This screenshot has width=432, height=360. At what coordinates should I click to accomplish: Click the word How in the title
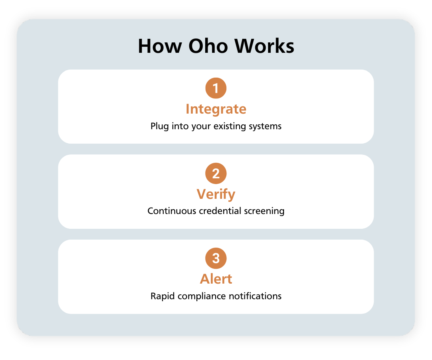click(160, 46)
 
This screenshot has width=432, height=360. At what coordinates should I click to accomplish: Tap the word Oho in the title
click(208, 46)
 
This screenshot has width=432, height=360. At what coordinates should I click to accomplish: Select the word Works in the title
click(264, 46)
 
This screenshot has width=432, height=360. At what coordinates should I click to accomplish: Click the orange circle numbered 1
click(216, 88)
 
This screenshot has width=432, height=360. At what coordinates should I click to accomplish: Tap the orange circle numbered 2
click(216, 173)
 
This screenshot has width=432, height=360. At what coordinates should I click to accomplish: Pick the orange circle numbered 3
click(216, 258)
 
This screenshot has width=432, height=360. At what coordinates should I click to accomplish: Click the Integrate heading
click(216, 109)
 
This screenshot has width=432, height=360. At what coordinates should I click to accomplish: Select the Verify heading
click(216, 194)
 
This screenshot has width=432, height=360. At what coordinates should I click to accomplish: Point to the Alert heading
click(216, 279)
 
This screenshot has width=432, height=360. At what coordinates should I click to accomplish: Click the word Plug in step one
click(160, 126)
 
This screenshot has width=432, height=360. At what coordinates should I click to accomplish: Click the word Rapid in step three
click(162, 296)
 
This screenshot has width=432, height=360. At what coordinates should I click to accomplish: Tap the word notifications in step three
click(255, 296)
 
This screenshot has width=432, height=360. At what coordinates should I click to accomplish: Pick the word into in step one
click(180, 126)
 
